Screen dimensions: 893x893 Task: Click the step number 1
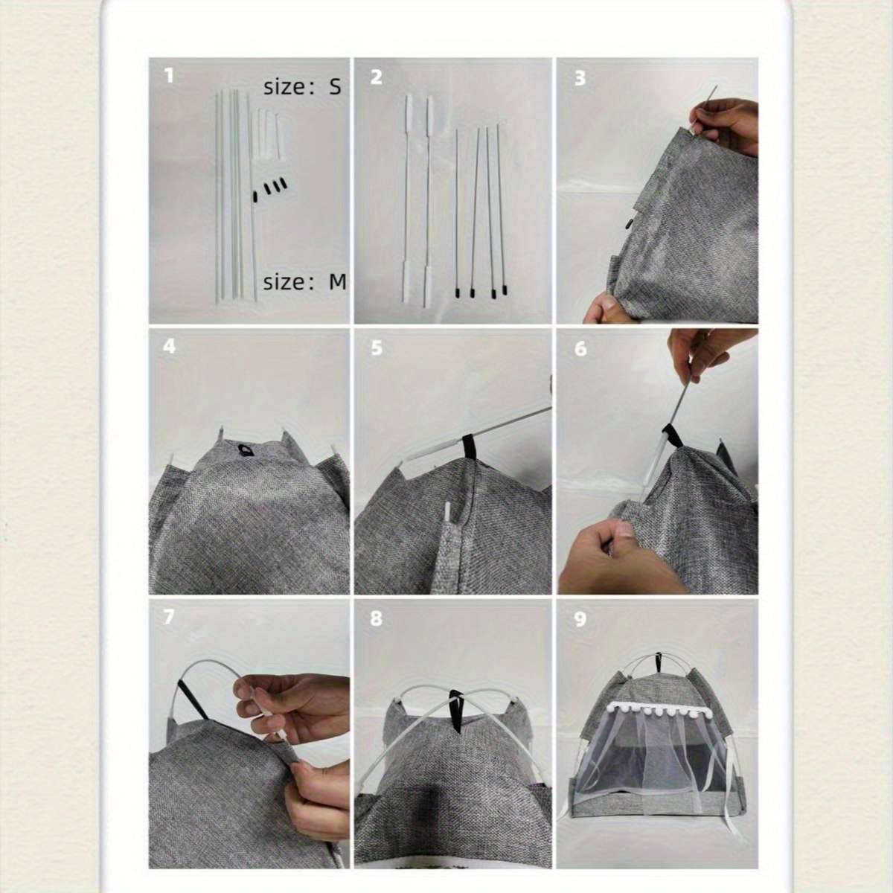(170, 76)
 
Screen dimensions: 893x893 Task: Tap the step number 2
(376, 77)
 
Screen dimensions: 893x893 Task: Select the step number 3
(580, 78)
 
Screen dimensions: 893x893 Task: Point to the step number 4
(170, 346)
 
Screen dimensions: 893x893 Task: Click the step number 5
(377, 348)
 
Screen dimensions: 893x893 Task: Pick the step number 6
(580, 349)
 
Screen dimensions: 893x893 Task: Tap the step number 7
(169, 617)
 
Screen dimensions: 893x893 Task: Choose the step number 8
(376, 618)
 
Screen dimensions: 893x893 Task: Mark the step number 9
(580, 620)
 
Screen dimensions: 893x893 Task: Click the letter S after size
(335, 86)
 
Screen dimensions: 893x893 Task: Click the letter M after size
(337, 281)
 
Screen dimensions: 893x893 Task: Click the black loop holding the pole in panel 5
(470, 446)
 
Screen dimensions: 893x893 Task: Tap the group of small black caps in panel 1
(269, 188)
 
